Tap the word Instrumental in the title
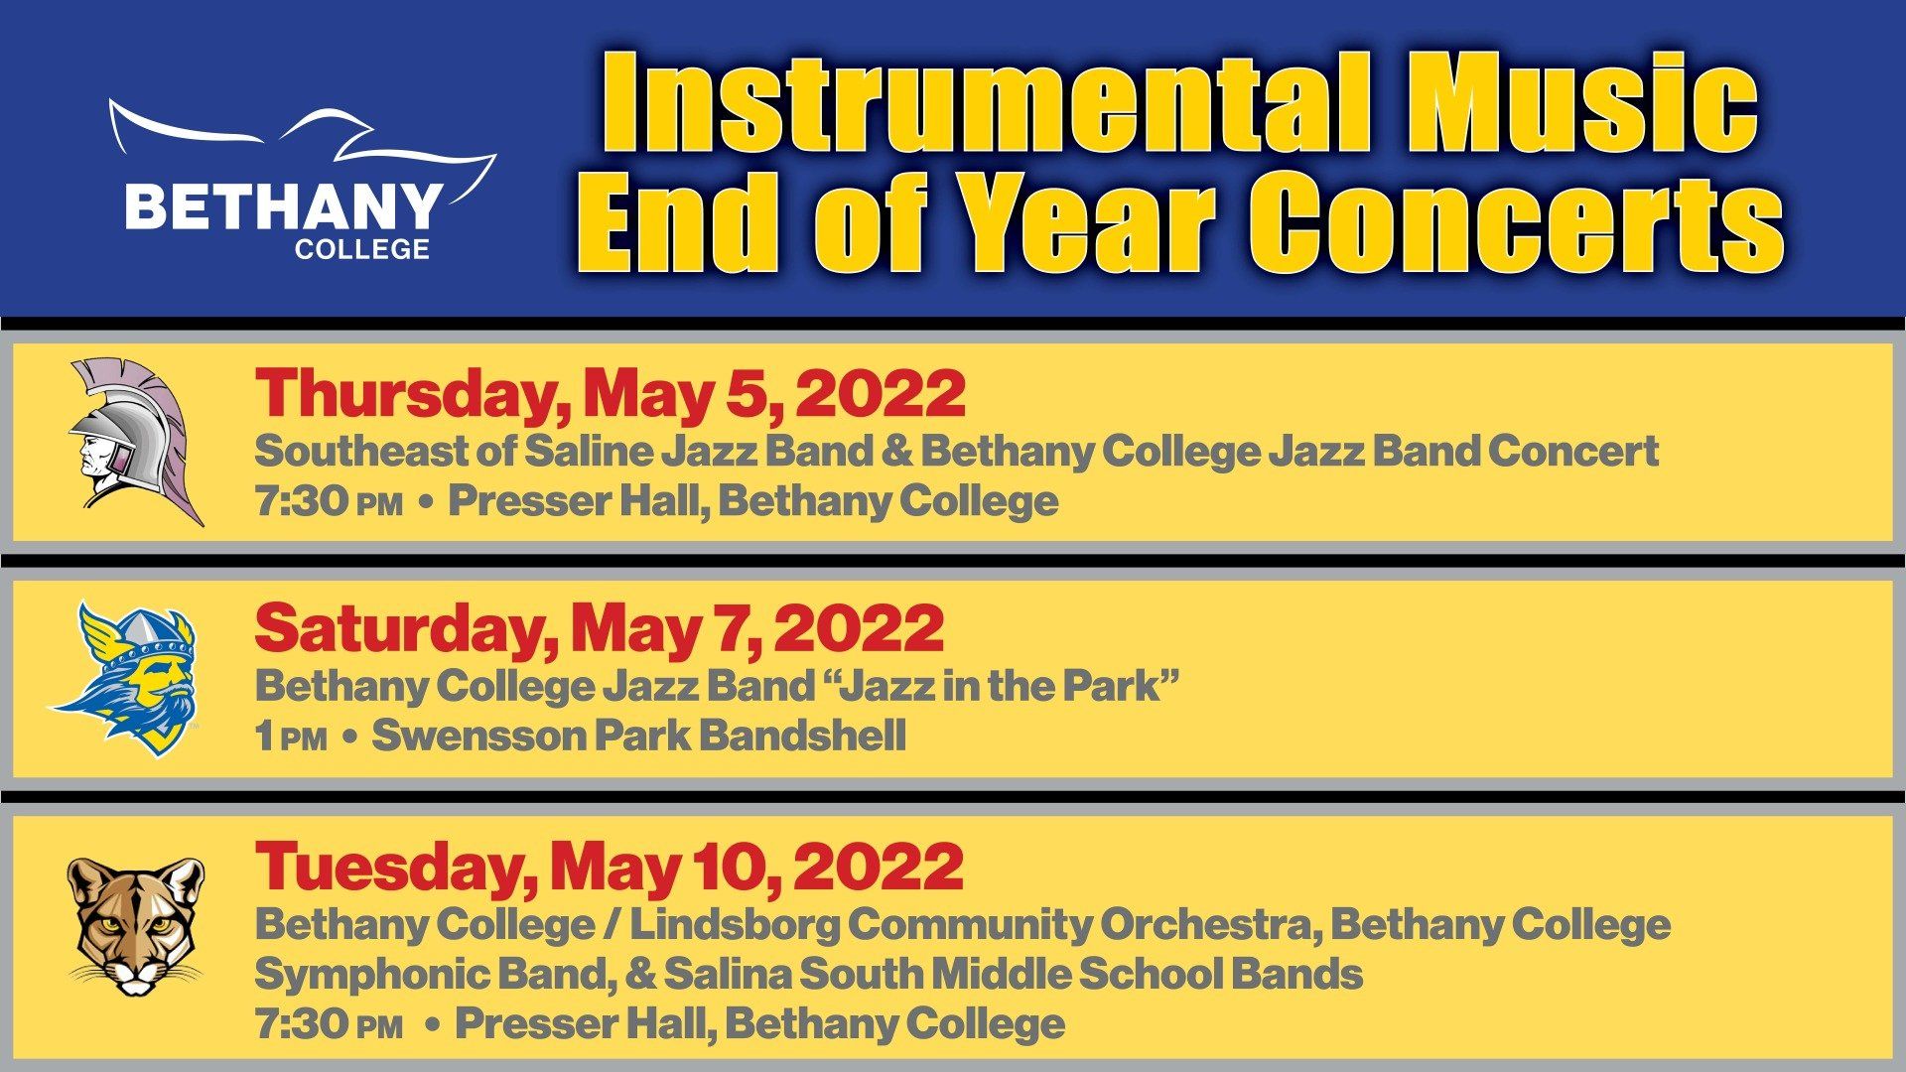click(984, 103)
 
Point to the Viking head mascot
click(125, 679)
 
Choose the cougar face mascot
click(135, 926)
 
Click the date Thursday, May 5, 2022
click(610, 394)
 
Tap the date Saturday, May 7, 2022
click(599, 629)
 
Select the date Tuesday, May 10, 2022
click(609, 867)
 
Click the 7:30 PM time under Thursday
click(329, 501)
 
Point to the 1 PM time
click(291, 737)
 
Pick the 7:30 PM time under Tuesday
click(329, 1024)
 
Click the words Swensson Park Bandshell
click(638, 737)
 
